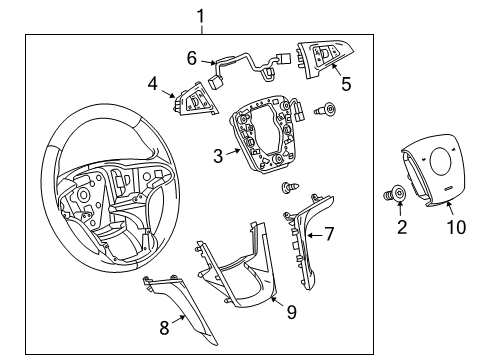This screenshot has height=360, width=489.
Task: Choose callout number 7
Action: [330, 235]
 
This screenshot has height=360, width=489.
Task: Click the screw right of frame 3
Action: [326, 110]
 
